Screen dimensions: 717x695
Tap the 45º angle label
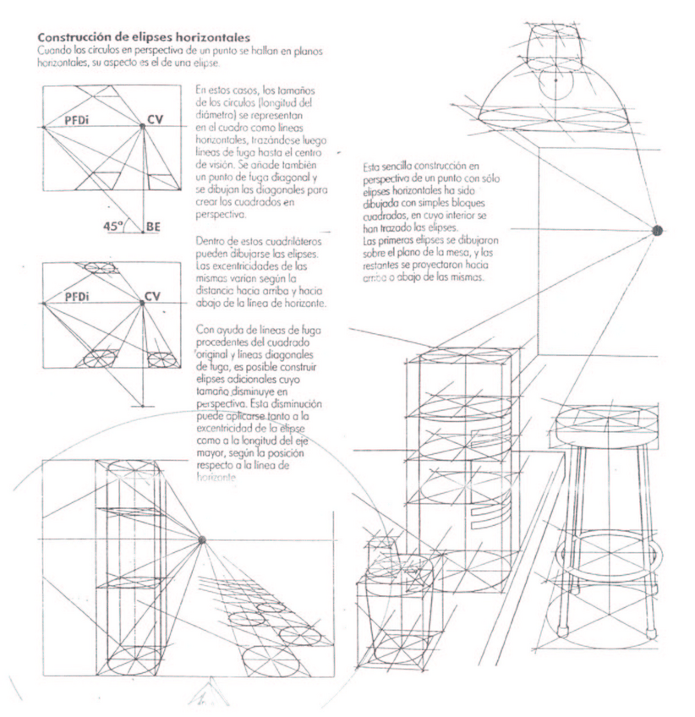coord(114,226)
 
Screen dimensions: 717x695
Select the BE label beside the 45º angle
coord(154,227)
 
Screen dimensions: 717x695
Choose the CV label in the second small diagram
coord(152,296)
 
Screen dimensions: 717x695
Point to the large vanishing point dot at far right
coord(659,230)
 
